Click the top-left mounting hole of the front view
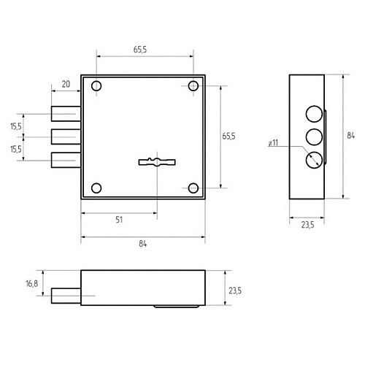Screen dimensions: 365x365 coord(96,86)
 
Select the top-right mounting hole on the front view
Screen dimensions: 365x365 coord(193,86)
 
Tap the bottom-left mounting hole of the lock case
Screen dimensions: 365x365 coord(96,188)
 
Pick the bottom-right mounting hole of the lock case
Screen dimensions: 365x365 coord(193,188)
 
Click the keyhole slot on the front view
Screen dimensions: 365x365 coord(157,162)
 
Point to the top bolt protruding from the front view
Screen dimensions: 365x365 coord(66,114)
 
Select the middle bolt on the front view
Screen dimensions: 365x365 coord(66,137)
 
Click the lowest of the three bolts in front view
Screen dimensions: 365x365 coord(66,160)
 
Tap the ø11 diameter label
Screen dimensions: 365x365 coord(273,142)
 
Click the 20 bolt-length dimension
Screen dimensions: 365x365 coord(66,84)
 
